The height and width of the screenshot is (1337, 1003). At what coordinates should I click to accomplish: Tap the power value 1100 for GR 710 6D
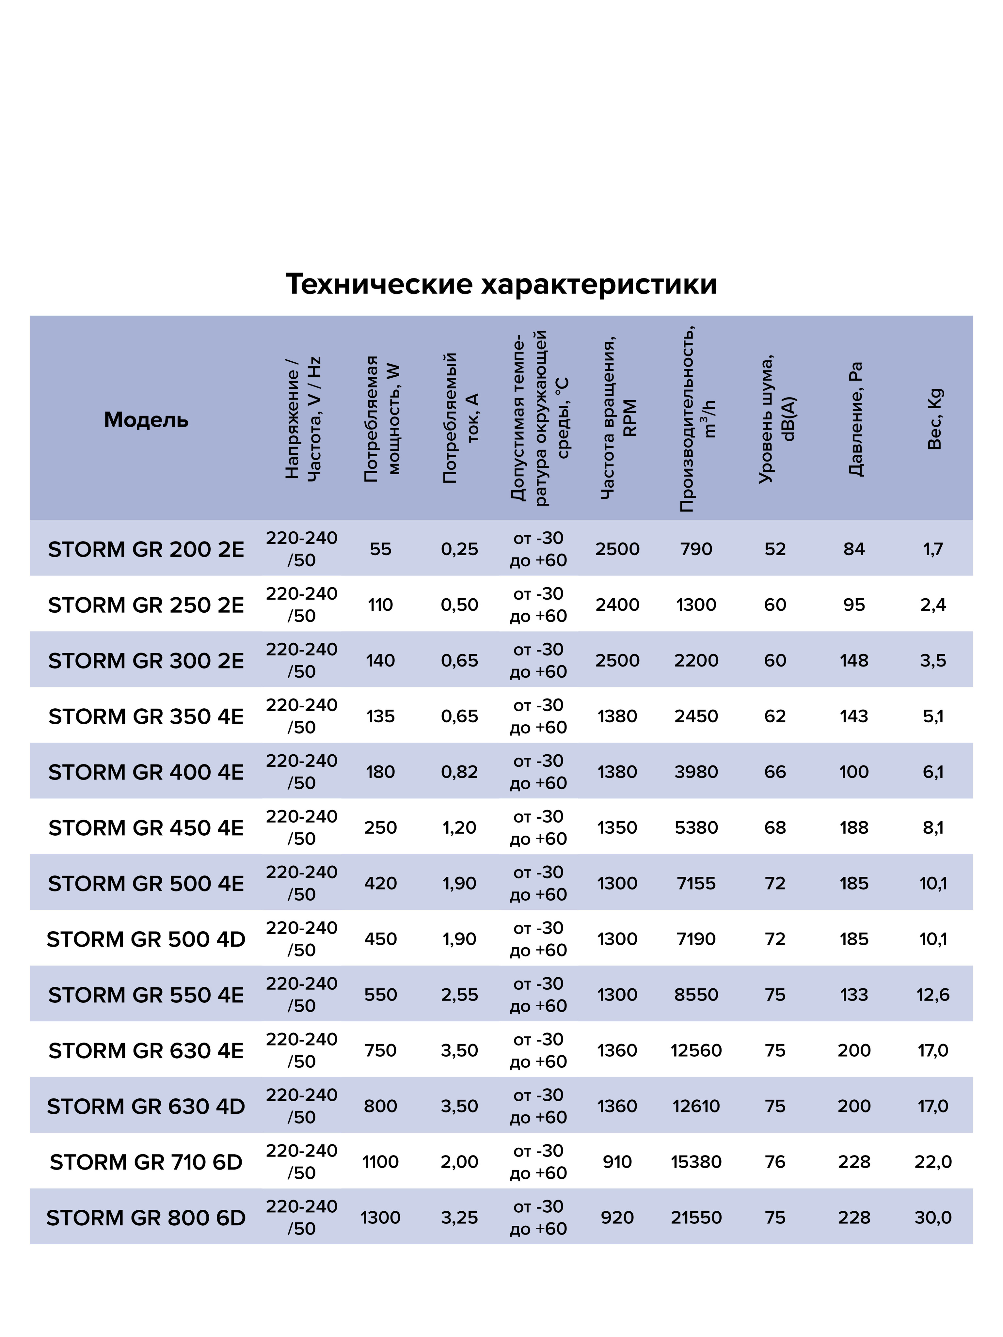380,1162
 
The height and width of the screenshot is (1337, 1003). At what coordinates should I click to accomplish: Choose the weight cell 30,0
933,1217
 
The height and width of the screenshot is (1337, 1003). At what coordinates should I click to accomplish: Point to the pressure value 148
854,661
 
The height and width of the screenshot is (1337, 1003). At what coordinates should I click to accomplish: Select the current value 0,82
459,772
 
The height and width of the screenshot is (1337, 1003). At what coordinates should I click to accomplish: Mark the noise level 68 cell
775,827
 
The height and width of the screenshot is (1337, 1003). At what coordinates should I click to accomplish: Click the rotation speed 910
617,1162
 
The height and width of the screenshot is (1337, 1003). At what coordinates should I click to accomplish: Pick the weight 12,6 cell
933,995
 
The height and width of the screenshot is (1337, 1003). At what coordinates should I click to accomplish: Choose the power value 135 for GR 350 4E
380,716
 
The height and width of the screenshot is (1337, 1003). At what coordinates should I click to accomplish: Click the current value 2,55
459,995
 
